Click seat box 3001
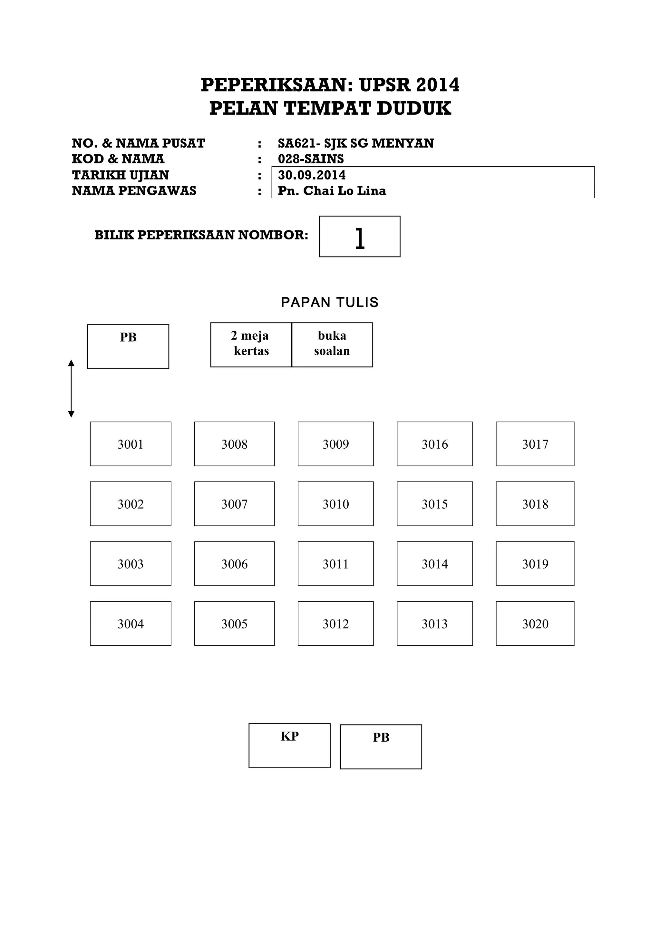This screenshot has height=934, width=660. pos(131,444)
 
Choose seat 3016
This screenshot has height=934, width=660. pos(434,444)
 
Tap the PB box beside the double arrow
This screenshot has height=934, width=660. pos(128,346)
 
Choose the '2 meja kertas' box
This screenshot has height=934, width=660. pos(251,345)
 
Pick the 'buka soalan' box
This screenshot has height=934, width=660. pos(332,345)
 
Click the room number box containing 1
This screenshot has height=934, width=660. pos(359,236)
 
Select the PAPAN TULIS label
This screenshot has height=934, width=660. pos(329,302)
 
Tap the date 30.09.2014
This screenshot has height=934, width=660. pos(312,175)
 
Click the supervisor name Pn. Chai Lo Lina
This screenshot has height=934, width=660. pos(332,191)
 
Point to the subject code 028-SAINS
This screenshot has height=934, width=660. pos(311,159)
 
